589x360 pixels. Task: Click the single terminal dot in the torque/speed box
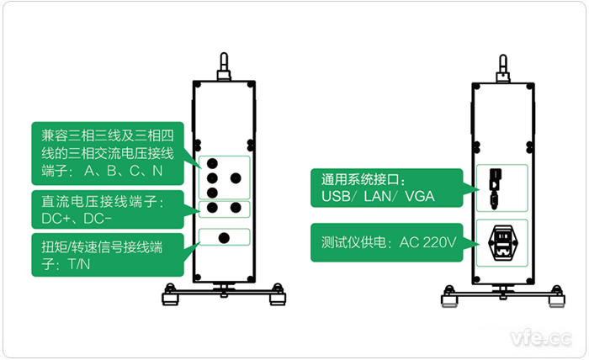(x=224, y=238)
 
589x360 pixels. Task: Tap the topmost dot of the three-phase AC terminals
(x=212, y=161)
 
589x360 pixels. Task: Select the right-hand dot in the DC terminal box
(x=236, y=208)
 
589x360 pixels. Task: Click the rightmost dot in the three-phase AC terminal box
(x=236, y=178)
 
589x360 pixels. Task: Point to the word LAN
(x=375, y=198)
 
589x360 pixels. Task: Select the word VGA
(x=420, y=198)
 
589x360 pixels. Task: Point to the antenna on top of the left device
(x=224, y=65)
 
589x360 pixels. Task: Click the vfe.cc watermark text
(x=539, y=338)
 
